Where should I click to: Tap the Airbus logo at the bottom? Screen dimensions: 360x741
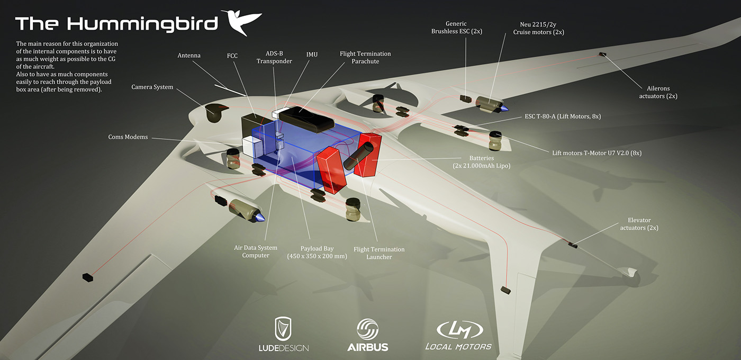(367, 335)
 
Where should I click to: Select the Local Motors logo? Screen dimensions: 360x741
(458, 335)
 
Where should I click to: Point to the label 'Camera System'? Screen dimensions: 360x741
(152, 87)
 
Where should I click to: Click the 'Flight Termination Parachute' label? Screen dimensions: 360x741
(365, 57)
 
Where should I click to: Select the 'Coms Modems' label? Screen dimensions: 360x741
(129, 137)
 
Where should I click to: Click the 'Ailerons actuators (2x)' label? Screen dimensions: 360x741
(658, 92)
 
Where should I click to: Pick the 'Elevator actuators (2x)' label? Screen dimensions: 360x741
(639, 223)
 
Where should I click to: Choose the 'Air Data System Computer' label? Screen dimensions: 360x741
(256, 251)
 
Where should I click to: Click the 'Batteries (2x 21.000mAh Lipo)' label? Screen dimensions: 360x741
(481, 161)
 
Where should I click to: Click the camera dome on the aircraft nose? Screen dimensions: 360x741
(215, 112)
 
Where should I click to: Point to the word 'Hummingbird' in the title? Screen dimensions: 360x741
(143, 23)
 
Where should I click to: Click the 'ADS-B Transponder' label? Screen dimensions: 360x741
(274, 57)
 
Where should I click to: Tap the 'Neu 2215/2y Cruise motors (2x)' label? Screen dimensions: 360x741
(538, 28)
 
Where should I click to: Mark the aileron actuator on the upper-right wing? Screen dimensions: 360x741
(602, 54)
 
